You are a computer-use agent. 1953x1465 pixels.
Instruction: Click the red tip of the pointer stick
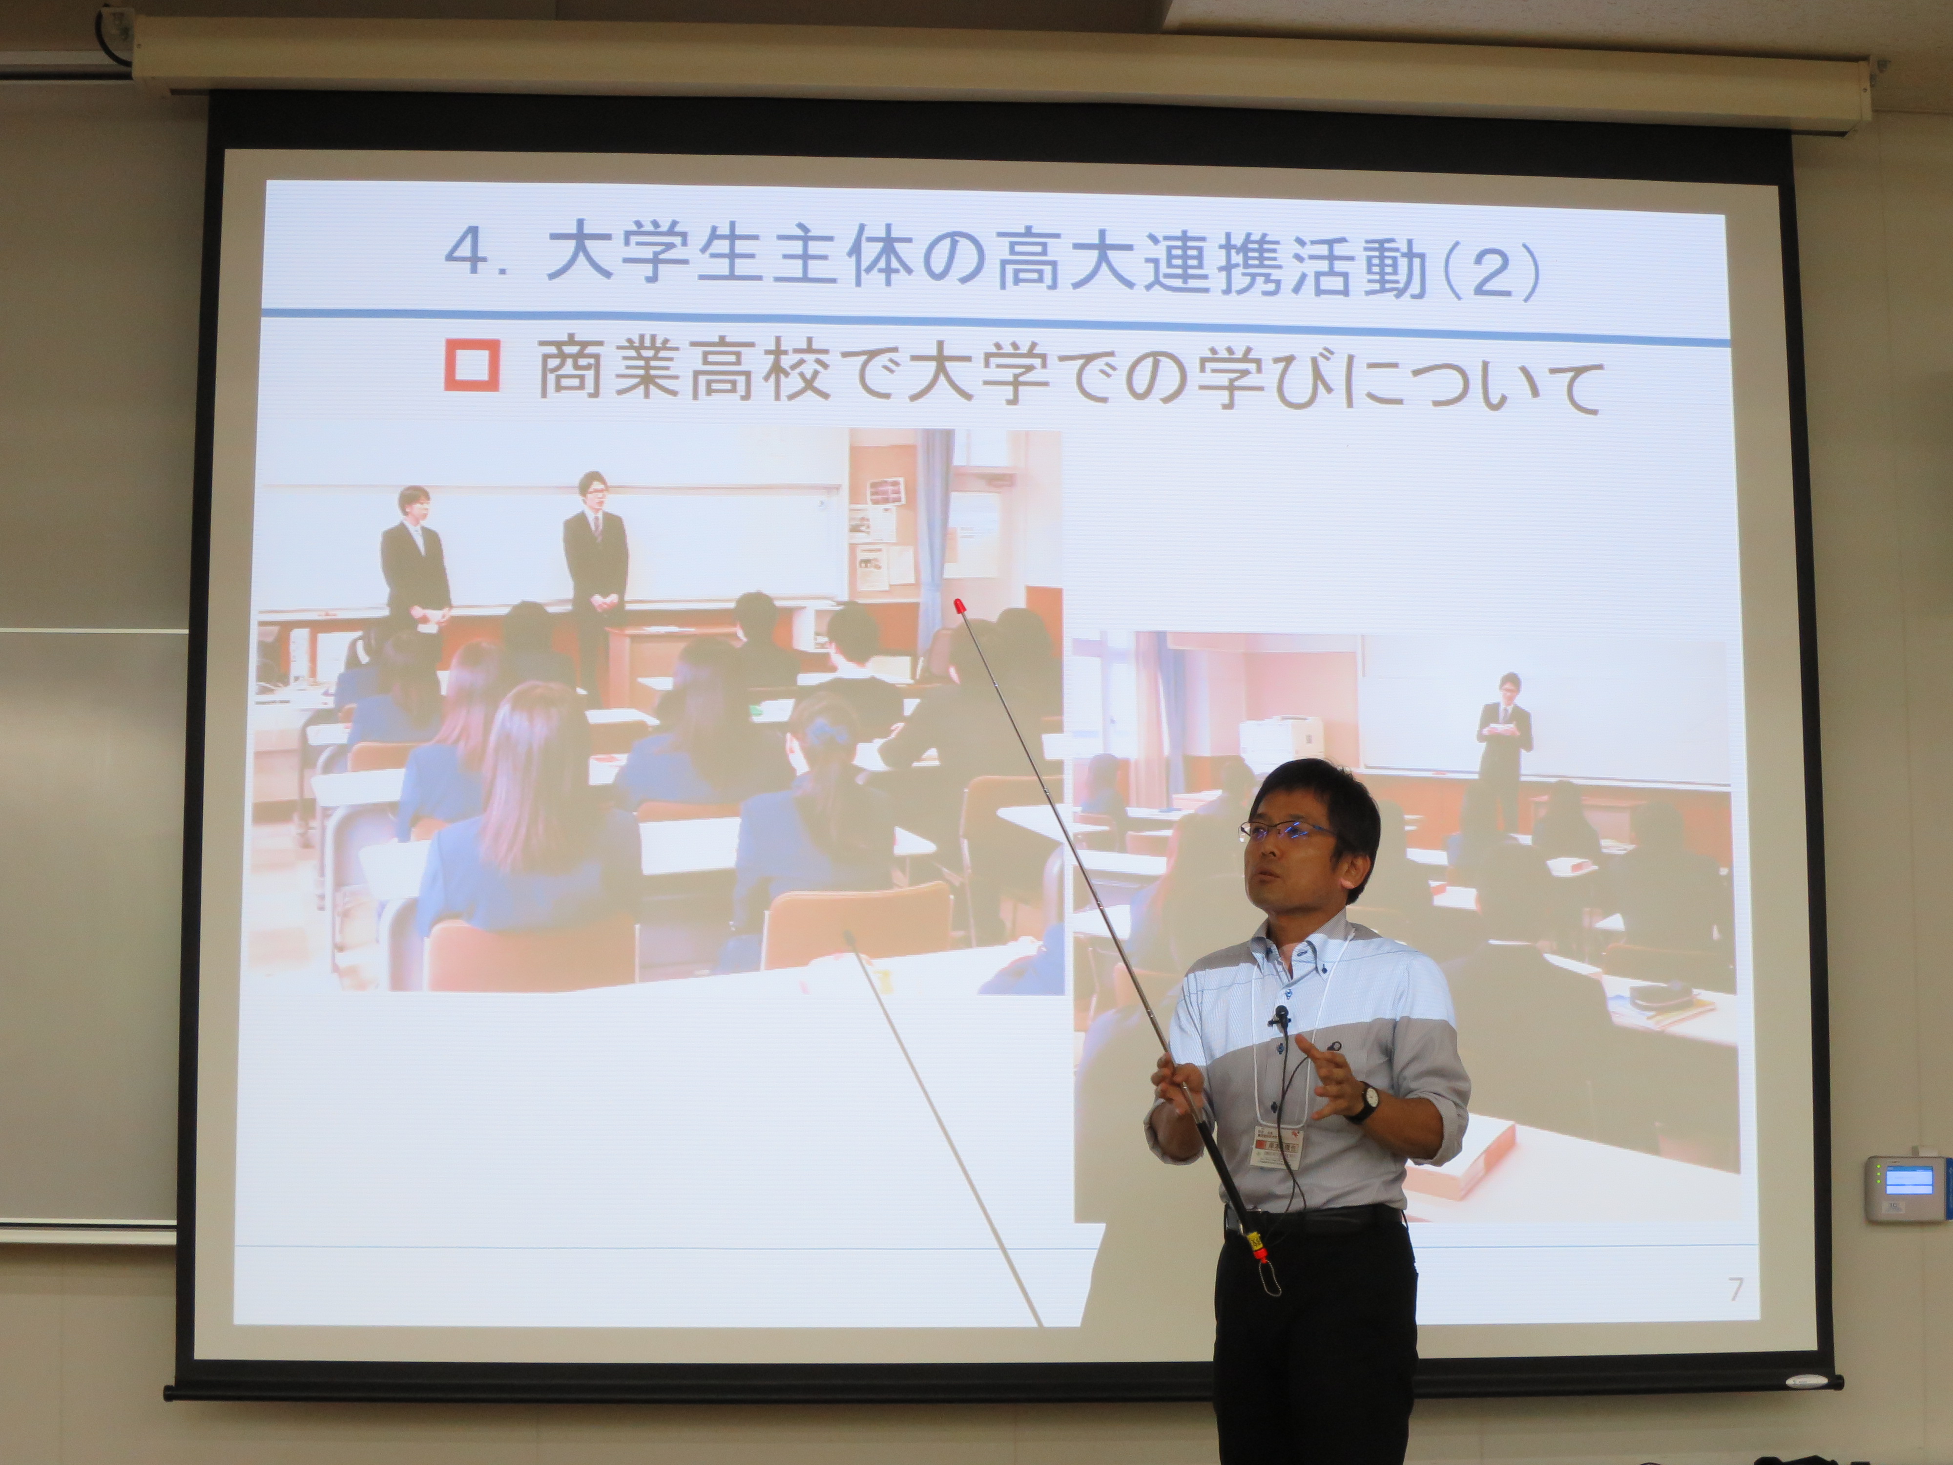pyautogui.click(x=959, y=607)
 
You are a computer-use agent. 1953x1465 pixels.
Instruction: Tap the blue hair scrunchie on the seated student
pyautogui.click(x=827, y=732)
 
